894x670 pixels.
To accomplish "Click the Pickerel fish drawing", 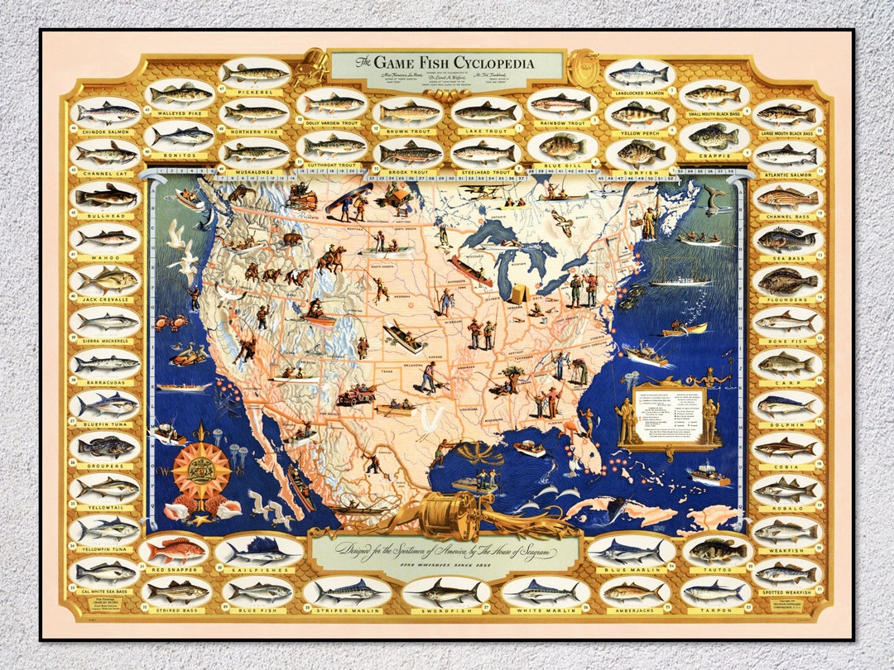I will (x=255, y=73).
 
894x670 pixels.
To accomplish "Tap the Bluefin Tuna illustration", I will (x=105, y=404).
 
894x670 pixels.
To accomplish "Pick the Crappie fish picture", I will (x=714, y=135).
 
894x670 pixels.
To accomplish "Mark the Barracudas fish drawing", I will (x=105, y=362).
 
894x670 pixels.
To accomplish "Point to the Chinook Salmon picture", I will (x=106, y=111).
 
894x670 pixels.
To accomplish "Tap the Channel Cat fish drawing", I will (x=105, y=153).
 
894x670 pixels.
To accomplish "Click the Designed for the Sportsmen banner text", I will (x=445, y=552).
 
